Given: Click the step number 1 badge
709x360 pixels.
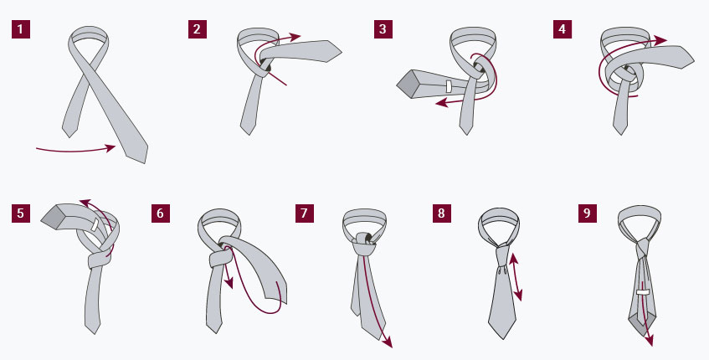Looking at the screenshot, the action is [x=20, y=29].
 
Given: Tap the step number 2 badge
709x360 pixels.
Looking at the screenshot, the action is [x=198, y=29].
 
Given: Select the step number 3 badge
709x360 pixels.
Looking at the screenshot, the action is [x=383, y=29].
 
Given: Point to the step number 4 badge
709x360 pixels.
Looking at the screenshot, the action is [x=562, y=29].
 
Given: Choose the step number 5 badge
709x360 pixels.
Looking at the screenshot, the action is [x=20, y=213].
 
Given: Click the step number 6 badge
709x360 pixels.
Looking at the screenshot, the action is [x=161, y=213].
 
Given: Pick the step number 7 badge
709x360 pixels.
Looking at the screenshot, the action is [x=305, y=213].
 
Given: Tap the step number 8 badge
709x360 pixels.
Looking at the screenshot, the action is [x=441, y=213].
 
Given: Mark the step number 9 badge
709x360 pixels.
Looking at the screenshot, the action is [x=587, y=213].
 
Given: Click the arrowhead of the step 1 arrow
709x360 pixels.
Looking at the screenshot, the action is [x=110, y=148].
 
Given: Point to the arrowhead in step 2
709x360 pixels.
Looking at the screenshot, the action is [x=295, y=37].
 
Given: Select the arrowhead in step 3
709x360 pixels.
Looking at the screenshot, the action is [x=441, y=104].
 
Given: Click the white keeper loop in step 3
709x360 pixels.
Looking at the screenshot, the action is [x=449, y=86].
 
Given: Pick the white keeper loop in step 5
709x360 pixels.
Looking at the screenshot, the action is [x=95, y=224].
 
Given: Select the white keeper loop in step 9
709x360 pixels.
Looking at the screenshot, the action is [x=643, y=292].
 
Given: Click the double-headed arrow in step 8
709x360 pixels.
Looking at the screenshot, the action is [x=516, y=277].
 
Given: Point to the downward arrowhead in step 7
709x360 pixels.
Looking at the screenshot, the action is [x=388, y=342].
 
